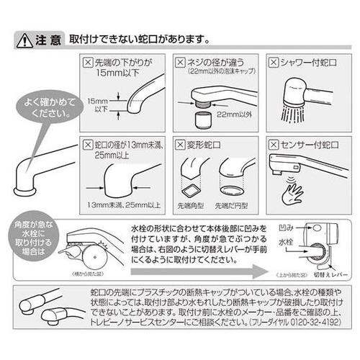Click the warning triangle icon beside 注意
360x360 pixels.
[x=24, y=39]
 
